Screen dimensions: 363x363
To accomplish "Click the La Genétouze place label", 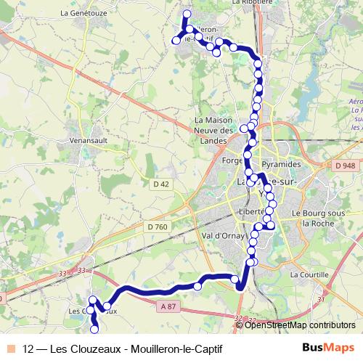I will (x=85, y=12).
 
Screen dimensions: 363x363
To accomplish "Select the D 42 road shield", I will (x=160, y=184).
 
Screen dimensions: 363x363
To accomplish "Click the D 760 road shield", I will (x=157, y=227).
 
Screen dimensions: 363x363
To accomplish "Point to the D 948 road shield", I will (x=343, y=166).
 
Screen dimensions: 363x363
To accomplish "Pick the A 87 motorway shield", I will (x=168, y=307).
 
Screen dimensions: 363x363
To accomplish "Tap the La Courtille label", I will (x=309, y=275).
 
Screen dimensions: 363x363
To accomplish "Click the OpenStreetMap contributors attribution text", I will (x=300, y=325).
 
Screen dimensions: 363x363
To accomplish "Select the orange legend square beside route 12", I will (x=10, y=348).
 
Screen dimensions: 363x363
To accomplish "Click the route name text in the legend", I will (x=123, y=348).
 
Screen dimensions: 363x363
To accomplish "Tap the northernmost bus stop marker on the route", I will (x=187, y=14).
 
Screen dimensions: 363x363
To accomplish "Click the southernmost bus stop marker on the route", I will (x=95, y=330).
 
